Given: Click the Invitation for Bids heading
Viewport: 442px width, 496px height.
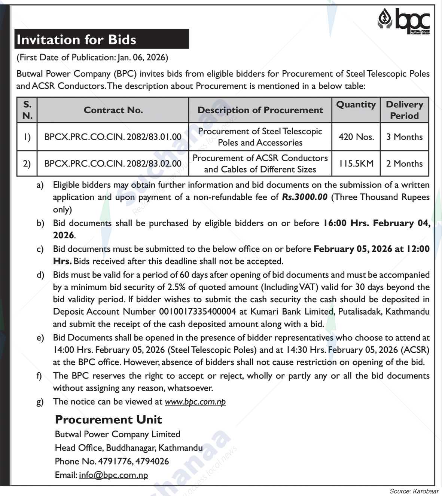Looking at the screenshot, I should (76, 40).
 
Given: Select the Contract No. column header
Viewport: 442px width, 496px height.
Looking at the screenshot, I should (113, 110).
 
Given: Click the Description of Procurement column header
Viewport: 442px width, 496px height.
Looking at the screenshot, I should (260, 110).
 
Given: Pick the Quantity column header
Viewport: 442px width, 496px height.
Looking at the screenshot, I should (356, 105).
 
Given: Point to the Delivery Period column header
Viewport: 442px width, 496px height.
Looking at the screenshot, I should (404, 110).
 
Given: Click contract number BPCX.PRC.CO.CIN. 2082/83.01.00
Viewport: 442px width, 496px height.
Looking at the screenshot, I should (113, 137).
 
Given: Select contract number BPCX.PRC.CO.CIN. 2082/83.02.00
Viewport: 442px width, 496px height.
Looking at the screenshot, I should (113, 163).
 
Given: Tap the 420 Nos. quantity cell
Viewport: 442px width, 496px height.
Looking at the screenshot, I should (356, 137).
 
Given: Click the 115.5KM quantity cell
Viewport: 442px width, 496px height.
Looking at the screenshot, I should (356, 163).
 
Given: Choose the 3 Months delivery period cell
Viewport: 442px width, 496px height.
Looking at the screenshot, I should (404, 137).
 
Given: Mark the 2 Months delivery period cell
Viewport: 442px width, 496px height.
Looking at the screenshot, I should (404, 163).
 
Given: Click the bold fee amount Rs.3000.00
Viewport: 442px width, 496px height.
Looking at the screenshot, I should (305, 197).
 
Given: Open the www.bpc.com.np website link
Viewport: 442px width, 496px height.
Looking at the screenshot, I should (195, 402).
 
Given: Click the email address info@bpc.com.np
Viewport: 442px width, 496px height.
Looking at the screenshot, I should (113, 475).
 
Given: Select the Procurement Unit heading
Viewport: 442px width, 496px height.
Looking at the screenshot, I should (108, 420).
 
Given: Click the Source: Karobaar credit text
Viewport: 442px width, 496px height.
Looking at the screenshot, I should (414, 491).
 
